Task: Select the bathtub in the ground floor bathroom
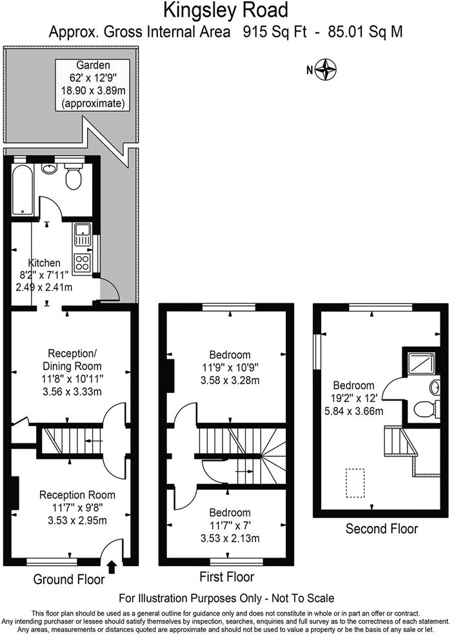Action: pos(22,189)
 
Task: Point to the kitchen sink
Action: pos(83,234)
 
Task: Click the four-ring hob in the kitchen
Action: pos(83,261)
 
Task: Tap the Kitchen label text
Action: pos(44,263)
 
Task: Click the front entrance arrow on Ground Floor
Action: pos(111,567)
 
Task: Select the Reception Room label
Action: pos(77,495)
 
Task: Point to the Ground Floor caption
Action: pos(68,579)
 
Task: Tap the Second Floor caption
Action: pos(382,529)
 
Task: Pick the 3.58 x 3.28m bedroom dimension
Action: pos(230,380)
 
